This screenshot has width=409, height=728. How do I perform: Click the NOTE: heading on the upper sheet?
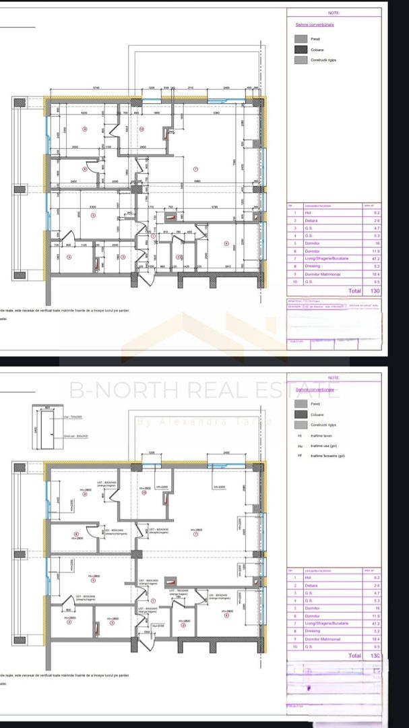coord(334,12)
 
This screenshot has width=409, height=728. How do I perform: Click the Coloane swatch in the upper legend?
coord(301,49)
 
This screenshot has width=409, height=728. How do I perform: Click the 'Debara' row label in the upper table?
coord(310,220)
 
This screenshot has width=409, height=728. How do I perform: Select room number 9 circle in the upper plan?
coord(84,128)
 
